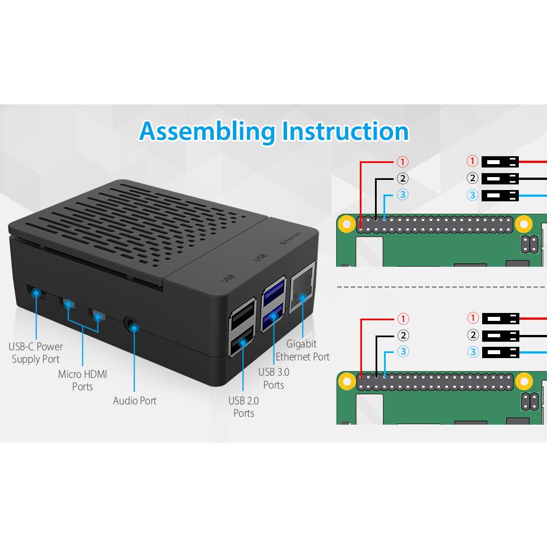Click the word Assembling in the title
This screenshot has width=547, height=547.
coord(206,131)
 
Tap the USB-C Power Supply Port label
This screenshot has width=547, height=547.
coord(36,352)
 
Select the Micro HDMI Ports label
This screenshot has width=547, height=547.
coord(82,380)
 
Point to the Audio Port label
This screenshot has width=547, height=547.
coord(135,401)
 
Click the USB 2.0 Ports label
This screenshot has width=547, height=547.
coord(244,407)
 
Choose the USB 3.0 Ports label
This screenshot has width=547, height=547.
coord(274,378)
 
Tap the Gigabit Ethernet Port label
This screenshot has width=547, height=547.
coord(302,350)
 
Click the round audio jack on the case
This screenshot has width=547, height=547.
coord(133,326)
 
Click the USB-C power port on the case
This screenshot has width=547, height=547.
coord(35,292)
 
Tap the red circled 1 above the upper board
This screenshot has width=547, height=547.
coord(403,162)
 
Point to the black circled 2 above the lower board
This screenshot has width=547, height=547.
coord(403,336)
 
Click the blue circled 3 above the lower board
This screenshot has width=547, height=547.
coord(403,352)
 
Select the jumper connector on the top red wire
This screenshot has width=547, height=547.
coord(500,162)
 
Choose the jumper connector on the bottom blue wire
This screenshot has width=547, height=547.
coord(500,352)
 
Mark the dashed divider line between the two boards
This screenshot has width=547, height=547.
coord(440,287)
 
